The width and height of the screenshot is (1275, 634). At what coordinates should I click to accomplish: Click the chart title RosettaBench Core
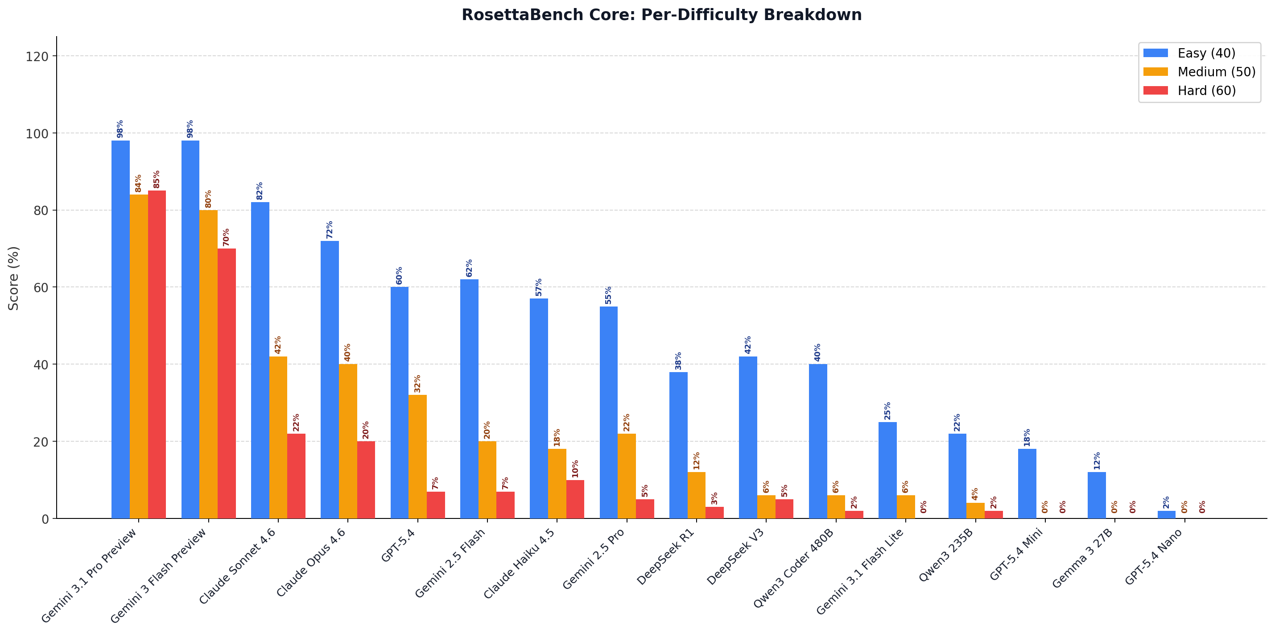coord(661,15)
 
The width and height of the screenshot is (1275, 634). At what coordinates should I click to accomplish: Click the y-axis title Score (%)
coord(14,278)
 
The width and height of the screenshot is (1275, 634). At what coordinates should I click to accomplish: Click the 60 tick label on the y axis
coord(40,288)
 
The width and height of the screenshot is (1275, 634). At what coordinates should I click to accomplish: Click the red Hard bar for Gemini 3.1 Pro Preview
coord(157,354)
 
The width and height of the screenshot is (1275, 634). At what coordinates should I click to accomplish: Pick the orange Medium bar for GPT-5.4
coord(417,456)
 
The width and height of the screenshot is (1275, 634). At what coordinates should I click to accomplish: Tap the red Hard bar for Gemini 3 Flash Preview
coord(227,383)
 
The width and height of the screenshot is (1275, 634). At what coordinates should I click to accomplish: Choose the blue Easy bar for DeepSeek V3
coord(748,437)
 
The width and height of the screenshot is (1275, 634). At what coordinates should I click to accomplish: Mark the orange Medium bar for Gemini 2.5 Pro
coord(627,476)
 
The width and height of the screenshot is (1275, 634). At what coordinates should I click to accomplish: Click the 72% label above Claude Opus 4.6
coord(330,230)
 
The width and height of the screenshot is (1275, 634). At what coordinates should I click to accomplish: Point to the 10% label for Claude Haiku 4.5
coord(575,468)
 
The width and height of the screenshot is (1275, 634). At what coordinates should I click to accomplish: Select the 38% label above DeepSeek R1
coord(679,361)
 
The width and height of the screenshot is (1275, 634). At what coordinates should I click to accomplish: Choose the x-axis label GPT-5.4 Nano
coord(1153,557)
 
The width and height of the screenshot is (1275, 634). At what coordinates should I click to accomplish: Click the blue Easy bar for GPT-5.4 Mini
coord(1027,484)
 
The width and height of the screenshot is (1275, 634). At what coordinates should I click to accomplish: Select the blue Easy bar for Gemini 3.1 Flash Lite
coord(887,470)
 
